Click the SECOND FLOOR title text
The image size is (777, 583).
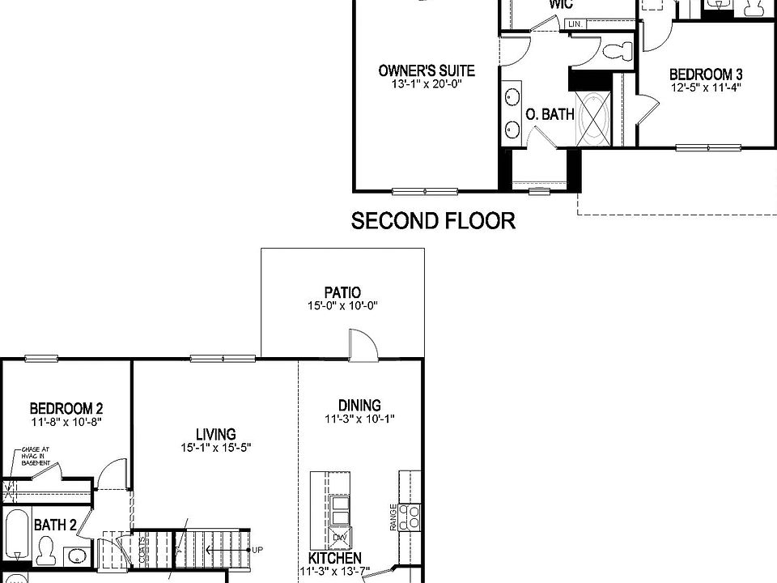click(x=433, y=221)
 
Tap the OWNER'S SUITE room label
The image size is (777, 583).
click(x=427, y=70)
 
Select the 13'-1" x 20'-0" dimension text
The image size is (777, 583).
click(x=427, y=84)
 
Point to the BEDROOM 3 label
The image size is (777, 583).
click(x=706, y=74)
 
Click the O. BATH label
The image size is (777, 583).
click(x=550, y=115)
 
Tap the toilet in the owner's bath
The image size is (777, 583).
click(x=617, y=51)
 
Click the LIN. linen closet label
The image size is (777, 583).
click(x=575, y=25)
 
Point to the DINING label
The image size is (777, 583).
click(x=359, y=406)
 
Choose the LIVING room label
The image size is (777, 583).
click(x=215, y=434)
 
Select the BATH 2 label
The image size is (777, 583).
click(x=55, y=525)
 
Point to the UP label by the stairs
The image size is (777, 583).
click(x=257, y=550)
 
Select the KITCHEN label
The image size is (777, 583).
click(x=334, y=559)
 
